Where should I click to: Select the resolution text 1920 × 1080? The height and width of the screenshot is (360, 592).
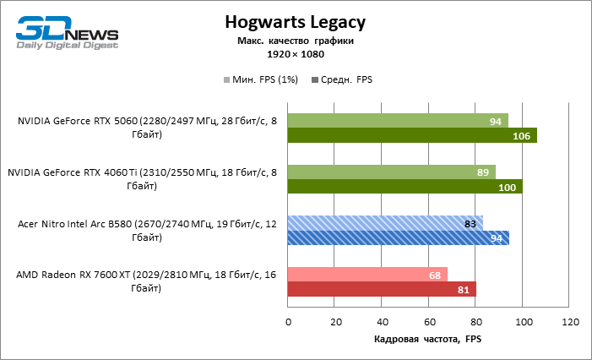tap(295, 53)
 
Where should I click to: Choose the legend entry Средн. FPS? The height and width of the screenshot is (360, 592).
tap(342, 79)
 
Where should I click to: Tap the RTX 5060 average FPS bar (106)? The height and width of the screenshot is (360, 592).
tap(412, 135)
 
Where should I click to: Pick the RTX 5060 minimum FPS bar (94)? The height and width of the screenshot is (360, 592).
tap(398, 121)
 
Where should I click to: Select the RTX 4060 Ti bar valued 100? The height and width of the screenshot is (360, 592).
tap(405, 187)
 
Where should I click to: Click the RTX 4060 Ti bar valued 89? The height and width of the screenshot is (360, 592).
tap(392, 172)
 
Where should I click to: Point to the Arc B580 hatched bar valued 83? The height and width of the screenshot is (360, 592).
tap(385, 223)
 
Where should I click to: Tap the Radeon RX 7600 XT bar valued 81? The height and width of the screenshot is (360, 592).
tap(383, 289)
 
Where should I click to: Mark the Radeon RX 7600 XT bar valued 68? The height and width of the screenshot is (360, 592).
tap(367, 275)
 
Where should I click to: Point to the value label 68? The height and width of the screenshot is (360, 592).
tap(435, 275)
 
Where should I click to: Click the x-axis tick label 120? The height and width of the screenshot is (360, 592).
tap(571, 322)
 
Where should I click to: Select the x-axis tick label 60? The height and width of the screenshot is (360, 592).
tap(430, 322)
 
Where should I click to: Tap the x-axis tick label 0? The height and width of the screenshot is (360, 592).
tap(289, 322)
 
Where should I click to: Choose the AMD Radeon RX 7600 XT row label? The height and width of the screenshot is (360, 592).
tap(146, 281)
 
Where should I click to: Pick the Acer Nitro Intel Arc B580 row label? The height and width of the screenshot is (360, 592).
tap(146, 231)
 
